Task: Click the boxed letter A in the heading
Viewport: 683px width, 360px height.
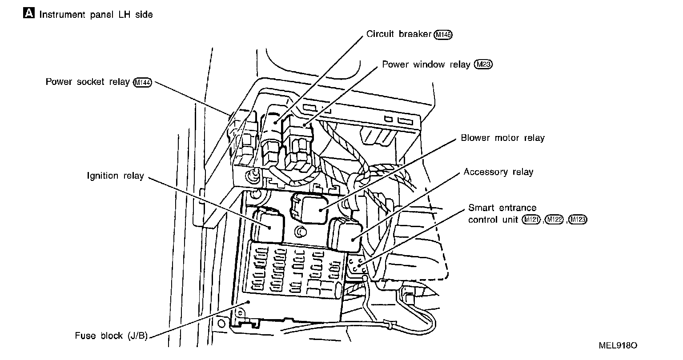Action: tap(28, 14)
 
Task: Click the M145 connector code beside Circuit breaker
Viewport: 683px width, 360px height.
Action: tap(443, 35)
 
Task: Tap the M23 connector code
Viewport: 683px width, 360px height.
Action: tap(483, 64)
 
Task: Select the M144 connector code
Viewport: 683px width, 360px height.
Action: tap(143, 83)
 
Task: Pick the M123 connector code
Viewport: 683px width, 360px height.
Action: tap(578, 220)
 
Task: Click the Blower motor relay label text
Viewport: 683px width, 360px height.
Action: tap(502, 138)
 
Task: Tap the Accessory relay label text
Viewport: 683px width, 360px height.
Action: tap(498, 172)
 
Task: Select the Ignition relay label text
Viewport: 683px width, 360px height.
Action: tap(115, 176)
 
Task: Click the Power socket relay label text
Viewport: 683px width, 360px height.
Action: tap(88, 82)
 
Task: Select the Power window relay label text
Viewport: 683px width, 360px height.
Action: tap(426, 64)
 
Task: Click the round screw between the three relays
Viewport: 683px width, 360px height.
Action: tap(301, 232)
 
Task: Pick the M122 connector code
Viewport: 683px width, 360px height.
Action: tap(554, 220)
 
